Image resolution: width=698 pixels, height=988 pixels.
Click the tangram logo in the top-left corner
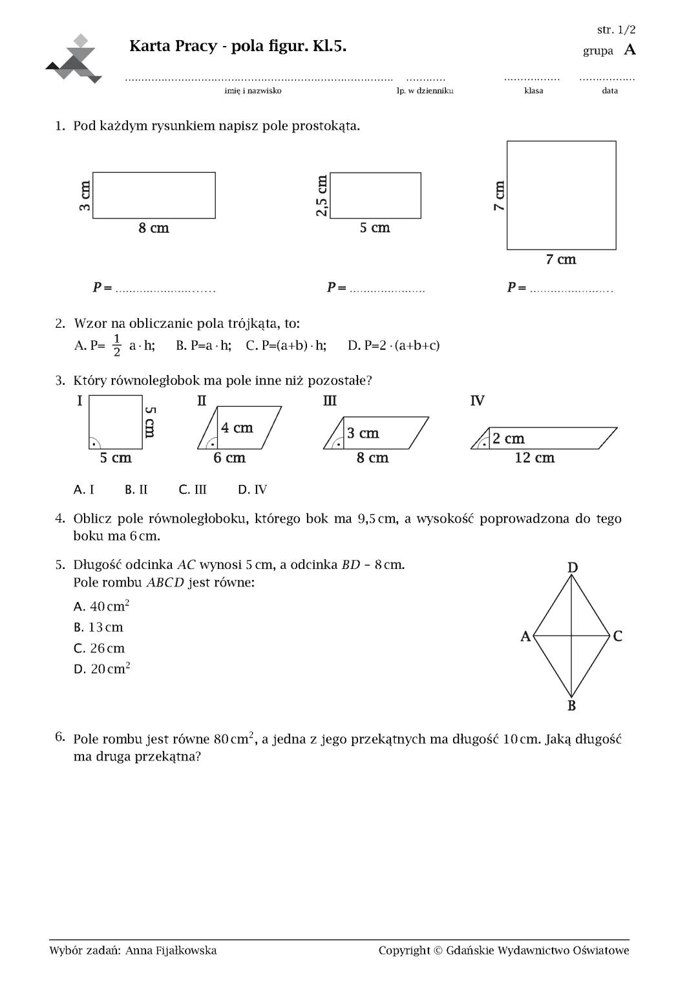click(x=74, y=59)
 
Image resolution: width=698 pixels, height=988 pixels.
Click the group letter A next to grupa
click(x=629, y=50)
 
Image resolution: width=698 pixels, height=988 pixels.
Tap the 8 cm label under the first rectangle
click(x=154, y=228)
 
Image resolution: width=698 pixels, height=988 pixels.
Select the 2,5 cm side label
click(x=322, y=196)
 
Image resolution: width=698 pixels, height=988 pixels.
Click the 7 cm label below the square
click(x=560, y=260)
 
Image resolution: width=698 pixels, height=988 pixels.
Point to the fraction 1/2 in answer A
click(x=117, y=345)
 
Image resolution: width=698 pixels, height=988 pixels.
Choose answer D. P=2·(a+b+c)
click(x=394, y=345)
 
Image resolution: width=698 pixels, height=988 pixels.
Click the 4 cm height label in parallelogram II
click(x=237, y=428)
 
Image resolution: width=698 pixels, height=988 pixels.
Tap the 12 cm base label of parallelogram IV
click(x=534, y=458)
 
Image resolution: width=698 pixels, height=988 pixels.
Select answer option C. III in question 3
click(x=193, y=489)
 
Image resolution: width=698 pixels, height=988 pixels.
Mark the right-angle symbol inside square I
click(x=94, y=444)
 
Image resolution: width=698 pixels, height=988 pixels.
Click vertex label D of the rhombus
click(x=573, y=568)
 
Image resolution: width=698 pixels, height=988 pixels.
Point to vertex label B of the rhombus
click(x=572, y=706)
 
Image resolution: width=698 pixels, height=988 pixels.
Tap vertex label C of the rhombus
click(x=618, y=636)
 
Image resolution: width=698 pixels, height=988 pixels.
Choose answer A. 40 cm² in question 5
click(x=102, y=607)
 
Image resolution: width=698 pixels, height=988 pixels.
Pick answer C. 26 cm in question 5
click(x=100, y=649)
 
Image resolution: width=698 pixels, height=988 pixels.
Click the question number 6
click(x=60, y=736)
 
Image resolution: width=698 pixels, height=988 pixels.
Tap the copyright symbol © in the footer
click(x=438, y=950)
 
